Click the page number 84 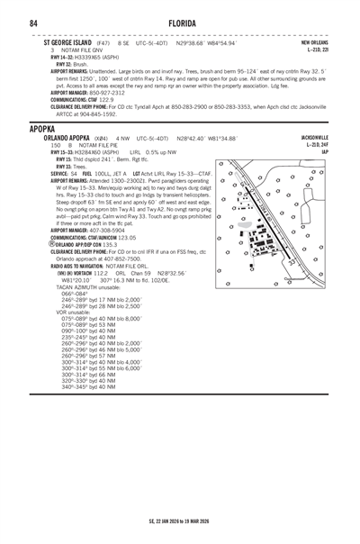click(x=32, y=22)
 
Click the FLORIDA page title click(x=180, y=22)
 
